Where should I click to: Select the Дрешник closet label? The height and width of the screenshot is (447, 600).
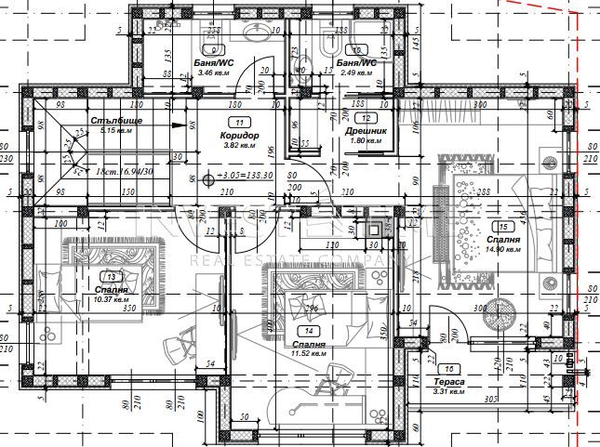pyautogui.click(x=367, y=131)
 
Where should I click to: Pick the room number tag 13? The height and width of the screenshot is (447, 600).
pyautogui.click(x=113, y=277)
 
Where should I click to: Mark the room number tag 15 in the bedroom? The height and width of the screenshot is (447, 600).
pyautogui.click(x=503, y=226)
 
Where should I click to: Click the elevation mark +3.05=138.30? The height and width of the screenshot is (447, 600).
pyautogui.click(x=242, y=175)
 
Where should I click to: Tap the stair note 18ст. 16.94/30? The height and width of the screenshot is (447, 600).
pyautogui.click(x=113, y=173)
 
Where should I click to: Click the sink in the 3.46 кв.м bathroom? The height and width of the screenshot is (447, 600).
pyautogui.click(x=257, y=32)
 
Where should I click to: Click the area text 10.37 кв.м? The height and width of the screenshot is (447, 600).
pyautogui.click(x=113, y=299)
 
